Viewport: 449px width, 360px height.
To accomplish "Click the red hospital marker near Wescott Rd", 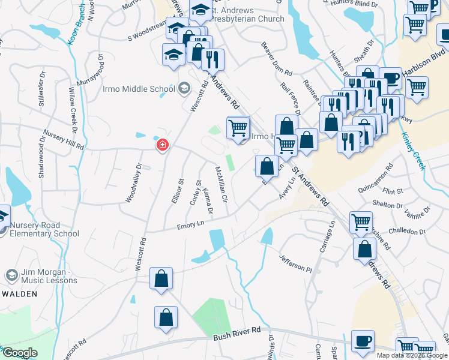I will (x=162, y=145).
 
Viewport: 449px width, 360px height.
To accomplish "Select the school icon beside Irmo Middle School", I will (x=184, y=89).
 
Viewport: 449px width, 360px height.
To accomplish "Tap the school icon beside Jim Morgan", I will (x=11, y=275).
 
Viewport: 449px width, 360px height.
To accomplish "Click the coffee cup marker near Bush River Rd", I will (x=362, y=341).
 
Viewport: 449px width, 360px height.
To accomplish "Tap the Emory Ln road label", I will (x=190, y=226).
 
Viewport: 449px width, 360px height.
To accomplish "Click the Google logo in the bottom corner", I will (x=20, y=353).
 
